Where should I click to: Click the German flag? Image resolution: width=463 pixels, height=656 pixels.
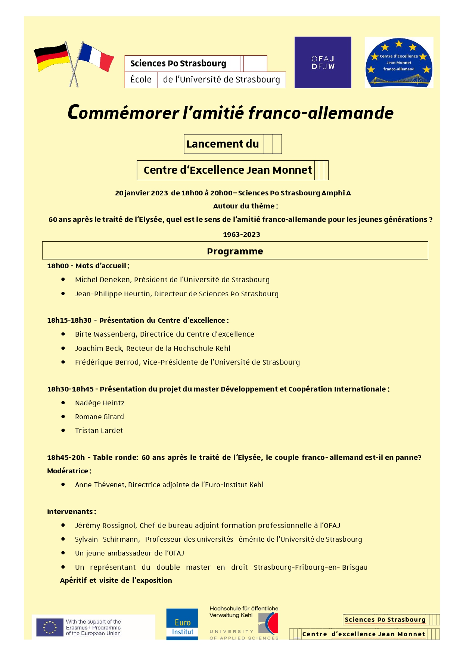52,57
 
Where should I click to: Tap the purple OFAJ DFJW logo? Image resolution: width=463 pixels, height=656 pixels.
323,62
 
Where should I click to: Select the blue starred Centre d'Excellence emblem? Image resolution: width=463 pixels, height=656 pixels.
399,63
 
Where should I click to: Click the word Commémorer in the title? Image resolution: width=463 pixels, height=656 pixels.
123,112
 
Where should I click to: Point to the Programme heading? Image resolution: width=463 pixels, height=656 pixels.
235,251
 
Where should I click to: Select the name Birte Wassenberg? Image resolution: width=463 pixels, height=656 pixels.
105,334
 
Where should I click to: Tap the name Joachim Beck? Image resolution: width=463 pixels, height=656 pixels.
99,348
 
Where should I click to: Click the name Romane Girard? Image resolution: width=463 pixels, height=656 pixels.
99,417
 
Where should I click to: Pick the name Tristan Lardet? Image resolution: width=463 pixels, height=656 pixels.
99,430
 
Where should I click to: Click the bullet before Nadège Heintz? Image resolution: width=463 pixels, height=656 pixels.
63,403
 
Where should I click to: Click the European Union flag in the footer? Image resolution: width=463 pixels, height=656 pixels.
50,627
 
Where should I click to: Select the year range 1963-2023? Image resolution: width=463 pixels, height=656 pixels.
242,235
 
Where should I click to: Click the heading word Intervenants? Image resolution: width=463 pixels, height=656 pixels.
70,511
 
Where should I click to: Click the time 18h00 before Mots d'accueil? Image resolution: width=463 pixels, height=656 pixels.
58,266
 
